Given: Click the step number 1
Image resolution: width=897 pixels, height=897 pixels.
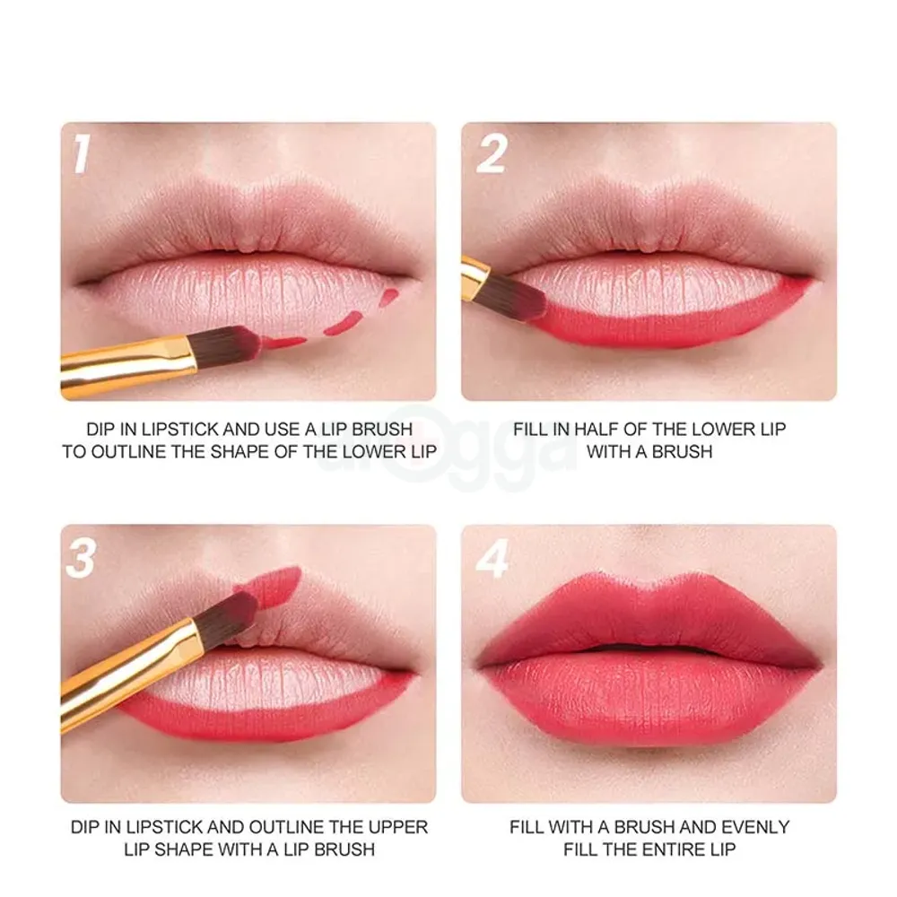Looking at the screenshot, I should tap(83, 153).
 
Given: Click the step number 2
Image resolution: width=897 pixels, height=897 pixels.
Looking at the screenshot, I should tap(492, 153).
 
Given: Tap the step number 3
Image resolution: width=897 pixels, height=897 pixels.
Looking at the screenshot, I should tap(82, 558).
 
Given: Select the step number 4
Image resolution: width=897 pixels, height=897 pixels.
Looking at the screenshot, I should tap(492, 558).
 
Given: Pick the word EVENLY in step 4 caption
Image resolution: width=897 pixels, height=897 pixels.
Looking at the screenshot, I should tap(754, 826).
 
